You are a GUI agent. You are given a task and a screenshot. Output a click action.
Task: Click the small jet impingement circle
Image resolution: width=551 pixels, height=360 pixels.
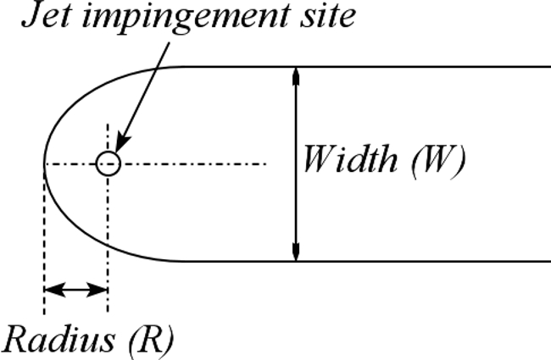pos(108,163)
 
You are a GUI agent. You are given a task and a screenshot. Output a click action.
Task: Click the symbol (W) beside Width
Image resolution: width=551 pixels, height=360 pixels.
pos(437,161)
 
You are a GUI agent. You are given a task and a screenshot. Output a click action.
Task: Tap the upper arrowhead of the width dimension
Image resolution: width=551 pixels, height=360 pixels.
pos(296,75)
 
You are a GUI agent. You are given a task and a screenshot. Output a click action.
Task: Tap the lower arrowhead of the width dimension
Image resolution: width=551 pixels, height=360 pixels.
pos(296,252)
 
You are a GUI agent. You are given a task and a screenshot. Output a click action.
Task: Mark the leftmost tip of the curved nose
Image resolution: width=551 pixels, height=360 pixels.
pos(44,163)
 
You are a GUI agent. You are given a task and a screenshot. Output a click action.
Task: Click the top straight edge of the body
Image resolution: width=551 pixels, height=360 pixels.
pos(381,66)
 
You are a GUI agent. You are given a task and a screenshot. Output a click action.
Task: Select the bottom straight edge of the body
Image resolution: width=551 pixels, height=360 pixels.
pos(381,261)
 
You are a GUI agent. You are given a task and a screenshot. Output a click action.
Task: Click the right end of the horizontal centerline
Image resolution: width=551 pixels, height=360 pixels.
pos(265,163)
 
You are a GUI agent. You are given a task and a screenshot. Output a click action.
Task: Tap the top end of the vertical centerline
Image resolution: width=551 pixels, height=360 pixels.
pos(108,125)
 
